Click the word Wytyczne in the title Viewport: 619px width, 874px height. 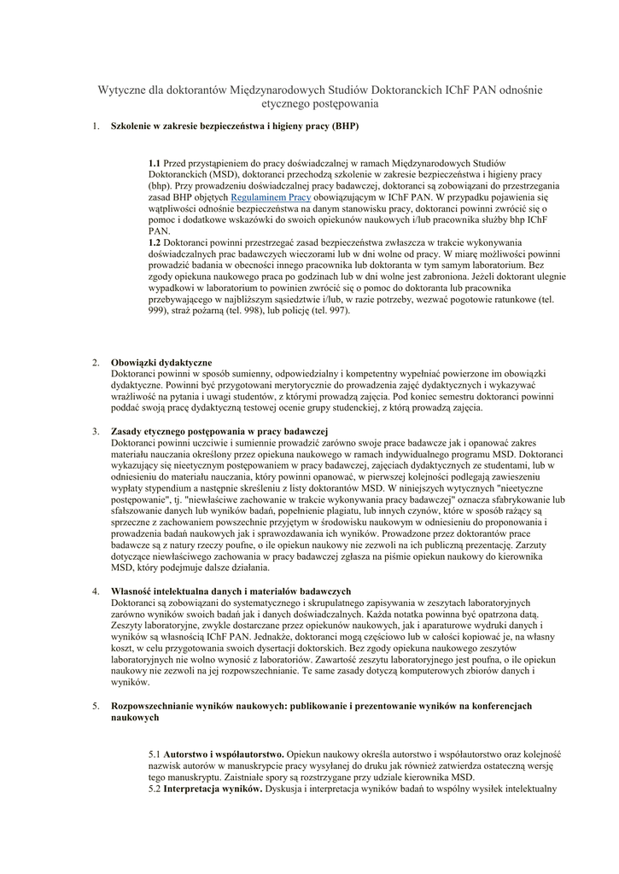pyautogui.click(x=124, y=90)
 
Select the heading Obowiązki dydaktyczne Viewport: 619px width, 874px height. pyautogui.click(x=161, y=363)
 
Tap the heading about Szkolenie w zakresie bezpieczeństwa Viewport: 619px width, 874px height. pyautogui.click(x=235, y=126)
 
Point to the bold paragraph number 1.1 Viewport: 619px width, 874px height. pyautogui.click(x=155, y=162)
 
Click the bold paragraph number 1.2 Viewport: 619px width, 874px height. pyautogui.click(x=155, y=242)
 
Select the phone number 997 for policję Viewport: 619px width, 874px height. pyautogui.click(x=336, y=311)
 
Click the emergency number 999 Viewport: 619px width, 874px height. pyautogui.click(x=159, y=311)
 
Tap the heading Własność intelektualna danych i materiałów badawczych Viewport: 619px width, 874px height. pyautogui.click(x=231, y=591)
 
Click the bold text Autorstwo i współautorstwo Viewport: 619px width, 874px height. pyautogui.click(x=224, y=755)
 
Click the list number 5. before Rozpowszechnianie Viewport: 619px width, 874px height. pyautogui.click(x=96, y=706)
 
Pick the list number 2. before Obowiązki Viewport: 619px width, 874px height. pyautogui.click(x=96, y=363)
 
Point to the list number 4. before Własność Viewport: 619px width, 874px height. pyautogui.click(x=96, y=591)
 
